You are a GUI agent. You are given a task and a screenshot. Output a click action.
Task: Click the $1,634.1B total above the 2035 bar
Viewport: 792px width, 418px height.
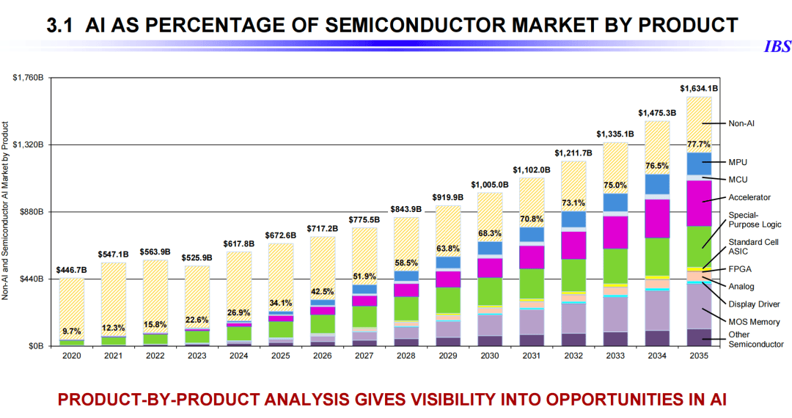(699, 88)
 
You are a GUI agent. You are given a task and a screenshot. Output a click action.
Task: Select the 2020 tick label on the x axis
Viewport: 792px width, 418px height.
(72, 356)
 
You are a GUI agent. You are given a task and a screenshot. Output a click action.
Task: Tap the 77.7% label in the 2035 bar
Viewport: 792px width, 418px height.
(699, 144)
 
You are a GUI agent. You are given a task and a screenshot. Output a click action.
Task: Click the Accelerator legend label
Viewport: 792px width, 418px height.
(749, 197)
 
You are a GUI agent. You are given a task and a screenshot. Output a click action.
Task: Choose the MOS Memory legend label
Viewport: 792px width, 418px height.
(753, 322)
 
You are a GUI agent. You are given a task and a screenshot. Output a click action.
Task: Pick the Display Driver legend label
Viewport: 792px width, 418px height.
(754, 304)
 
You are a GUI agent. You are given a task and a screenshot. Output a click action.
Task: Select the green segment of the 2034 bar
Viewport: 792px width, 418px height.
(657, 257)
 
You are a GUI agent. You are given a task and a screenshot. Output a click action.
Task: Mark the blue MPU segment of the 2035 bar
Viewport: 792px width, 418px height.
(699, 164)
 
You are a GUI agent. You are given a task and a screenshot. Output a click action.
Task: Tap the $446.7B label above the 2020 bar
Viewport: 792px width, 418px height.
(72, 270)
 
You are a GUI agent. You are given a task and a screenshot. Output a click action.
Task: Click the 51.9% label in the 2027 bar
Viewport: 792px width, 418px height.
(364, 276)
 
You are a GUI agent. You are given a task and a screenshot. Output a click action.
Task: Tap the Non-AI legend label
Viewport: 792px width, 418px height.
(741, 123)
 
